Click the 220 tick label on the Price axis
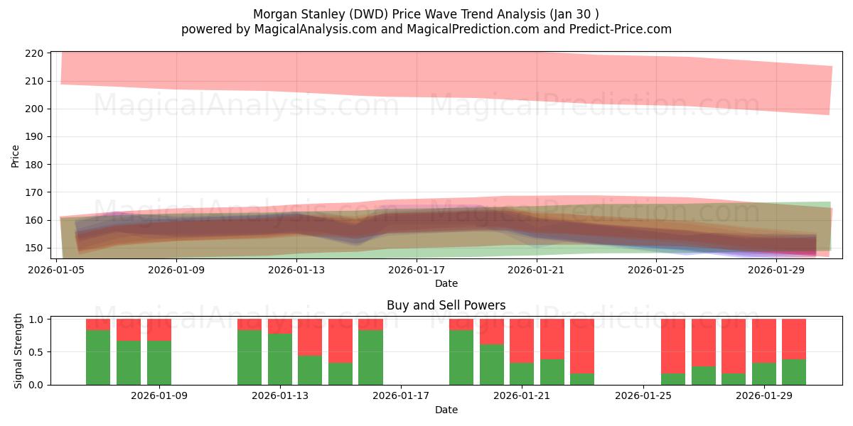34,53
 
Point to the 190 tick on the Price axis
34,136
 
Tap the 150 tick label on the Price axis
34,248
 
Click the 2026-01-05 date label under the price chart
56,270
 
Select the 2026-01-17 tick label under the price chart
417,270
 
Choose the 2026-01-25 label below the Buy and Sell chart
643,396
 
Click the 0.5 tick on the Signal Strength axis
36,352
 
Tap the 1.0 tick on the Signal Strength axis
36,319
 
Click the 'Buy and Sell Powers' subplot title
446,305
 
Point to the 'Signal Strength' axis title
18,351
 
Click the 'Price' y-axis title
15,156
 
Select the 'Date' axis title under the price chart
446,283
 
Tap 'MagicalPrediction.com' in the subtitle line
473,29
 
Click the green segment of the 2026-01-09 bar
159,363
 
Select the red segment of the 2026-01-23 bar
582,346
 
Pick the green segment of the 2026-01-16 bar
370,358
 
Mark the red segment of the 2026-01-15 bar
340,341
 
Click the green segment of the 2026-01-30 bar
794,372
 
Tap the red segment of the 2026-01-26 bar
673,346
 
